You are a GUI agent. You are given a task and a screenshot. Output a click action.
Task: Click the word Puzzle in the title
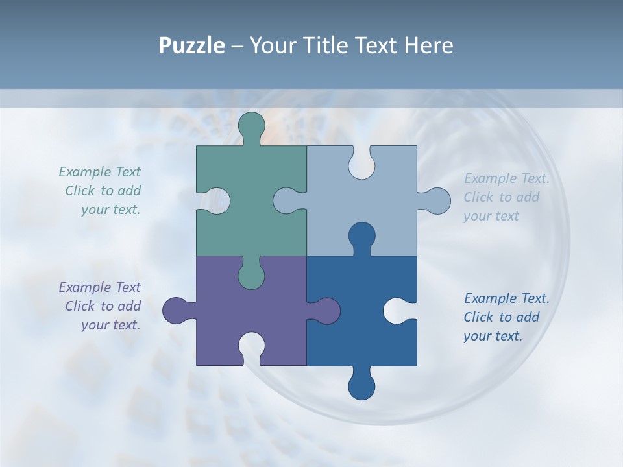[x=192, y=45]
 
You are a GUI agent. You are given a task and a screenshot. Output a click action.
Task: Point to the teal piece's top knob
[x=252, y=127]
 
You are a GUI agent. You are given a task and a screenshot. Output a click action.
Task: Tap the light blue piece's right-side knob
[x=435, y=201]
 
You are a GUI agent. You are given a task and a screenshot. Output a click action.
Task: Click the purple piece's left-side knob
[x=177, y=311]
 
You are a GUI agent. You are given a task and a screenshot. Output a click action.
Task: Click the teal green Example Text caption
[x=101, y=191]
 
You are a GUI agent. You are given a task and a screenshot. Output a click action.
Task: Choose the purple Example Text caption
[x=101, y=306]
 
